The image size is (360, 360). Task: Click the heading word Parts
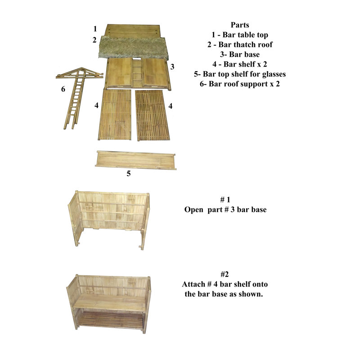pos(240,25)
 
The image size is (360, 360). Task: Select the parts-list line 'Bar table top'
pos(240,35)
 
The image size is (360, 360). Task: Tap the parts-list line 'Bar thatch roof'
pos(240,44)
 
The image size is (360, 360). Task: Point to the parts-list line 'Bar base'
pos(240,54)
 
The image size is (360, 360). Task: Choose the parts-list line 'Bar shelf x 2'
pos(240,64)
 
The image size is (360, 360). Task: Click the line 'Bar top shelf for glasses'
pos(240,74)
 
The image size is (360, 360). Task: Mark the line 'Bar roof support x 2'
pos(240,84)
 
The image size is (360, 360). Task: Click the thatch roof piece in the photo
pos(133,48)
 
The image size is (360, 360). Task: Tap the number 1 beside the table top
pos(95,29)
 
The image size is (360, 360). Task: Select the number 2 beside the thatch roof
pos(94,40)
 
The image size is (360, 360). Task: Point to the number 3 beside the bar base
pos(172,67)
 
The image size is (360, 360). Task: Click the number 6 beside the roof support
pos(63,89)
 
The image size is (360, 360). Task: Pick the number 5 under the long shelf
pos(129,173)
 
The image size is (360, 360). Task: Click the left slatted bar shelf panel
pos(115,114)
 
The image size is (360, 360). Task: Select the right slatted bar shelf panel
pos(152,115)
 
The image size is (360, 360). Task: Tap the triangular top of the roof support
pos(80,73)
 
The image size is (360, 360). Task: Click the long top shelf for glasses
pos(136,160)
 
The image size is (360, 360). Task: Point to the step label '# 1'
pos(225,200)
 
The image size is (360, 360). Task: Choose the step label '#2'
pos(225,274)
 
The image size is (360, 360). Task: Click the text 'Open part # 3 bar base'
pos(225,210)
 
